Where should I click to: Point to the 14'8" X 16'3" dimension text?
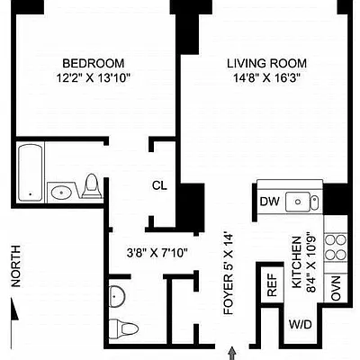[x=266, y=78]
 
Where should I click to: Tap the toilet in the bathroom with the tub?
[x=91, y=186]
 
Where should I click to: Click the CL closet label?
[x=158, y=186]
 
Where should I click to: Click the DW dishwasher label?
[x=269, y=202]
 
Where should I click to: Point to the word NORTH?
[x=15, y=267]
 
